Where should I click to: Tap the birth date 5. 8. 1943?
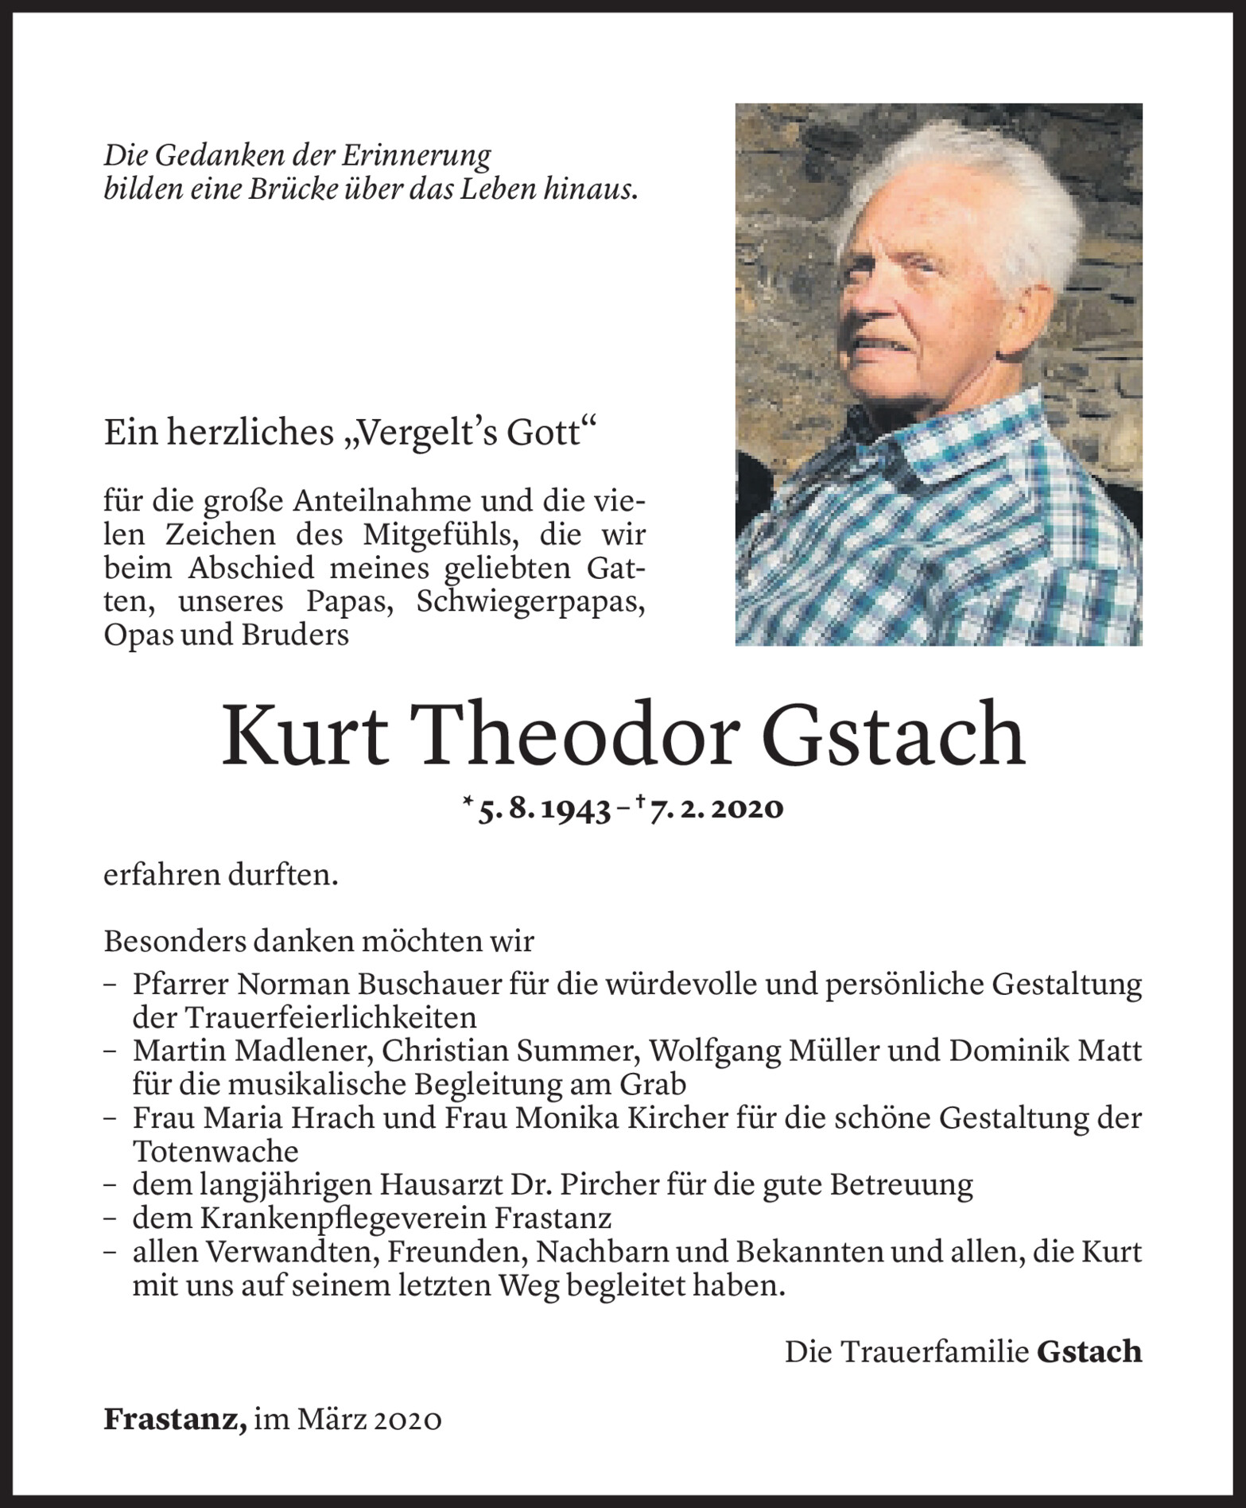(544, 809)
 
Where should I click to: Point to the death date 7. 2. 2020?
(716, 809)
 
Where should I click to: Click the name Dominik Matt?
(1046, 1051)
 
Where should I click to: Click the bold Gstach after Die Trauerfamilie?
(1089, 1352)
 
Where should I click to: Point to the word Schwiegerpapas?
(530, 602)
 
